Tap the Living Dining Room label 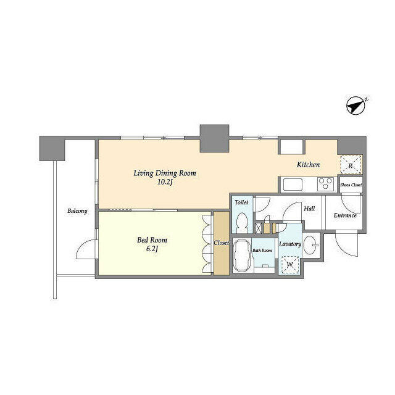[164, 173]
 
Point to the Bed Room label [152, 239]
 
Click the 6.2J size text [152, 249]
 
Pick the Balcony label [77, 211]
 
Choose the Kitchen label [308, 165]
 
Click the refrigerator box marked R [350, 165]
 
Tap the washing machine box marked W [289, 264]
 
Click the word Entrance [345, 215]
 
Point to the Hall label [309, 209]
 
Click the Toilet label [241, 202]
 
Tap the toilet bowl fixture [242, 222]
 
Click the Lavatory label [289, 244]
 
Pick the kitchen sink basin [292, 184]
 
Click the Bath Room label [262, 250]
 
